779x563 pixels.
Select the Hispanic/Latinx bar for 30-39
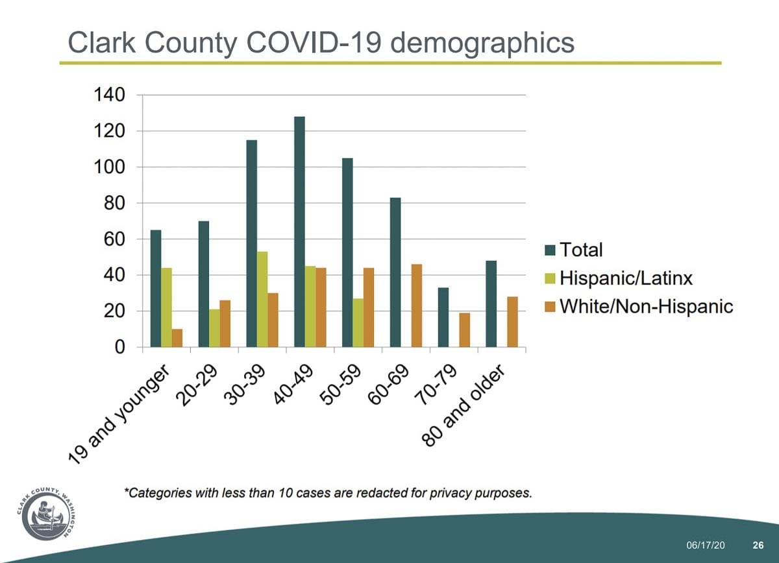(262, 299)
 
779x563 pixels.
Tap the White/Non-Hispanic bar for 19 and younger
(177, 338)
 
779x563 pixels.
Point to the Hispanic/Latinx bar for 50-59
(358, 322)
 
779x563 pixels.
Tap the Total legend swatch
(550, 250)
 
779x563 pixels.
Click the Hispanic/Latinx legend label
(626, 278)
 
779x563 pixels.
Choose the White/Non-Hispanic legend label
(647, 307)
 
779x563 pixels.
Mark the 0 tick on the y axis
(119, 347)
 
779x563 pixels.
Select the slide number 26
(757, 544)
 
